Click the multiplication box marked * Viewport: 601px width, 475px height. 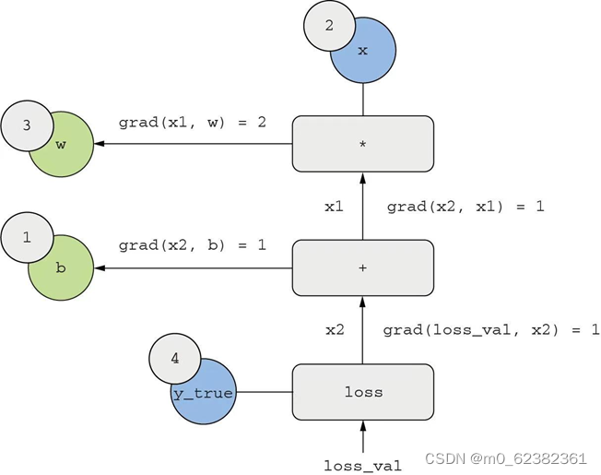click(x=362, y=144)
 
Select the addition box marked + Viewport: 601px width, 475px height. click(x=362, y=268)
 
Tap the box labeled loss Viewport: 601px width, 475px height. click(x=362, y=392)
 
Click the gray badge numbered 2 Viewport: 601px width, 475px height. click(x=329, y=25)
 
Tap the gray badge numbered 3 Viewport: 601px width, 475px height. click(x=27, y=125)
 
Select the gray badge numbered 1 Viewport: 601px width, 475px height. click(x=27, y=238)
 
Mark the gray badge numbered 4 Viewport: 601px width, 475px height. click(x=175, y=361)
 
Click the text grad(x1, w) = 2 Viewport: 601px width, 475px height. click(x=192, y=122)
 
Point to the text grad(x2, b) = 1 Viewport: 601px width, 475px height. click(x=192, y=245)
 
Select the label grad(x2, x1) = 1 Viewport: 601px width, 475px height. click(x=465, y=207)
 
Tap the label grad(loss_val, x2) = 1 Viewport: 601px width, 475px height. click(x=491, y=329)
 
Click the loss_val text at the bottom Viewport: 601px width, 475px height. click(x=362, y=466)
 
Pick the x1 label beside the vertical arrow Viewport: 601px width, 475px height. click(x=334, y=207)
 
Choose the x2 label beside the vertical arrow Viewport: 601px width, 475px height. click(x=334, y=329)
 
